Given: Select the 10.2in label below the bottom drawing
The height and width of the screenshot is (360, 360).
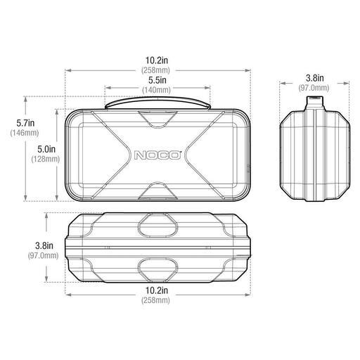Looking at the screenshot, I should point(158,290).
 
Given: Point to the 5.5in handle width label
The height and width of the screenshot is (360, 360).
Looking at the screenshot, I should point(158,81).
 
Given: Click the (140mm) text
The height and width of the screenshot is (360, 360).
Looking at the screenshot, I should point(158,91).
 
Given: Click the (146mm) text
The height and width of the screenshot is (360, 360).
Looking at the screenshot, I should point(14,134).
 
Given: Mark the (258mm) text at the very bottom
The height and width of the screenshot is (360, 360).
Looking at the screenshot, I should point(158,300).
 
